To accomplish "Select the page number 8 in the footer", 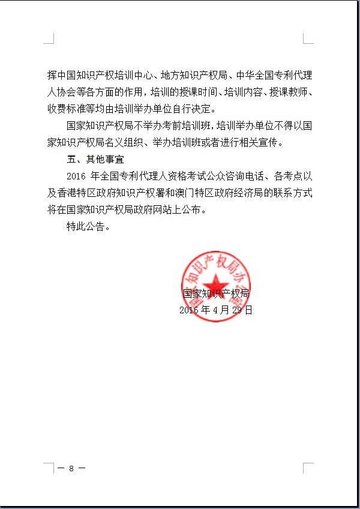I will pos(71,468).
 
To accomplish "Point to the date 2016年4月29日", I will pos(216,310).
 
